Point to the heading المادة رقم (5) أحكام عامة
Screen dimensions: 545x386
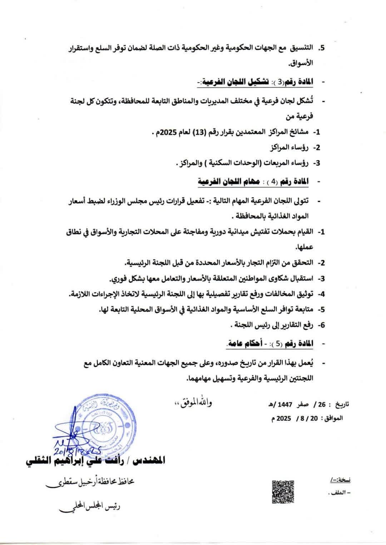pyautogui.click(x=269, y=343)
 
